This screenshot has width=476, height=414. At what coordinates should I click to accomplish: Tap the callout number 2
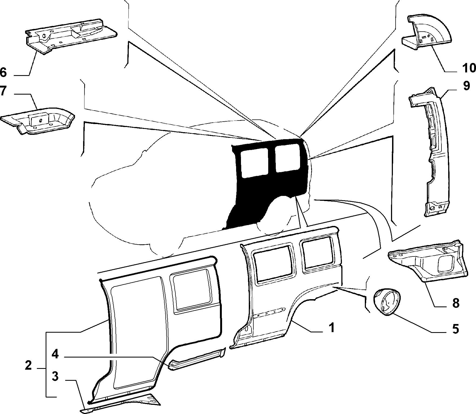coord(28,366)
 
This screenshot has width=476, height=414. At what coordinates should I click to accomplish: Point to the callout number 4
coord(55,354)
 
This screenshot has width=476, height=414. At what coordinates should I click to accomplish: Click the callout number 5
coord(455,329)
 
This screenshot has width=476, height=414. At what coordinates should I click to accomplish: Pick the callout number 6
coord(3,72)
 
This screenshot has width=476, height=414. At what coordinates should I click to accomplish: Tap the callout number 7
coord(3,91)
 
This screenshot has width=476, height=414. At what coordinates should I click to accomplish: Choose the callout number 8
coord(455,303)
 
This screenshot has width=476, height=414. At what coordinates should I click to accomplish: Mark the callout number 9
coord(466,86)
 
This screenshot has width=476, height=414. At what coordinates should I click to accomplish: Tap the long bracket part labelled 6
coord(72,35)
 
